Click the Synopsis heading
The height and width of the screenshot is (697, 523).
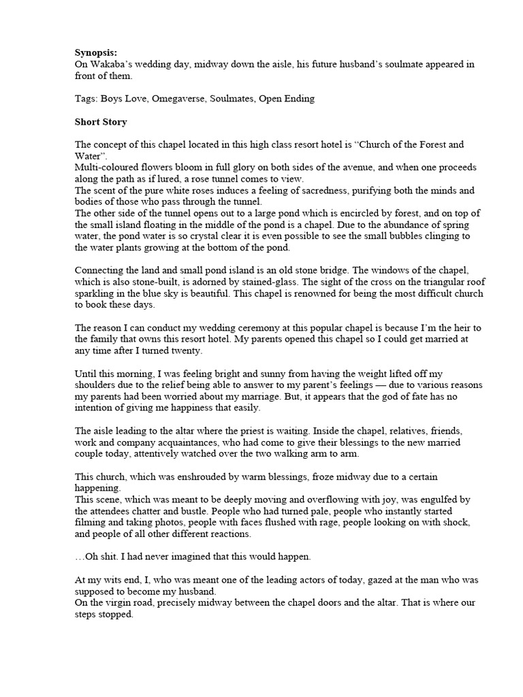tap(96, 52)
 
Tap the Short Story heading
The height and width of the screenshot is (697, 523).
tap(101, 122)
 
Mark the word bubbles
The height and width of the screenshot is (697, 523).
tap(379, 237)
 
